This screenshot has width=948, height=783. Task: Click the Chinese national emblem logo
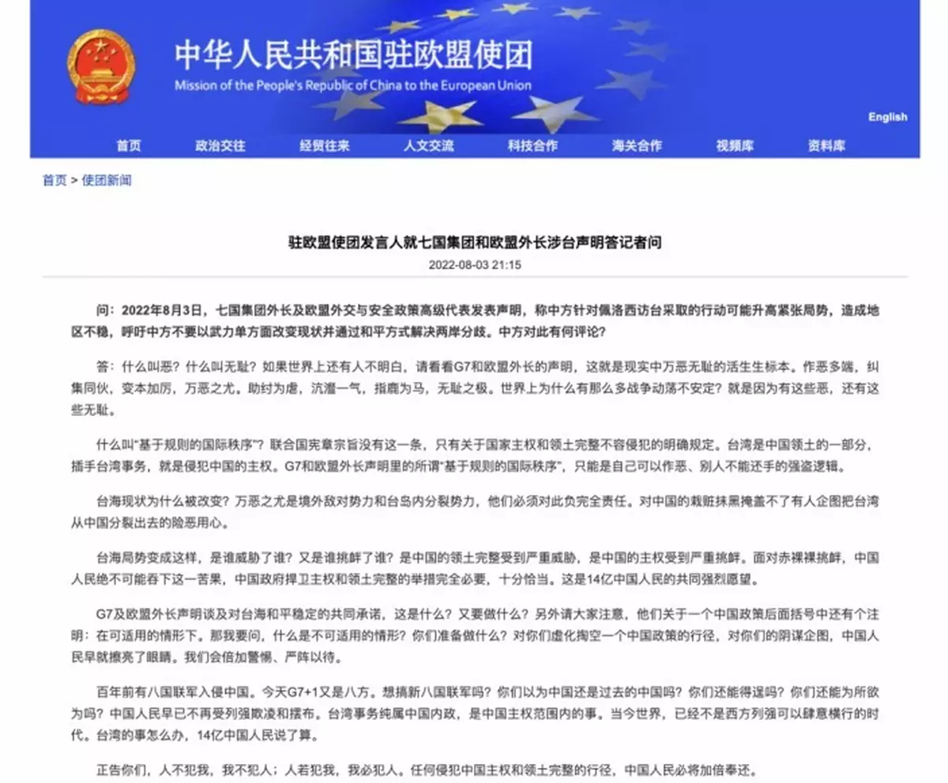click(x=101, y=66)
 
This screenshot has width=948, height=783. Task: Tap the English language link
click(x=887, y=117)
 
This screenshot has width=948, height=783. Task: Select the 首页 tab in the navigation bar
click(x=129, y=146)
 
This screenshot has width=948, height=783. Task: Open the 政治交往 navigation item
click(x=220, y=146)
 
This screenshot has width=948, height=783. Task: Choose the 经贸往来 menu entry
click(x=324, y=146)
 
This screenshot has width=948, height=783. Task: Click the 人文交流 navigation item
click(x=428, y=146)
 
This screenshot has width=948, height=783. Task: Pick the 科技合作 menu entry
click(x=532, y=146)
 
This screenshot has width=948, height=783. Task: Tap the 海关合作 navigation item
click(x=636, y=146)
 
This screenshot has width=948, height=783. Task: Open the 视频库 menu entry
click(x=735, y=146)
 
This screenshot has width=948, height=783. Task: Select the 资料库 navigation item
click(x=826, y=146)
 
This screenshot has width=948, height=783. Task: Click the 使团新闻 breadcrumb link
click(x=107, y=181)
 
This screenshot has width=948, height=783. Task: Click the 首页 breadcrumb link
click(x=55, y=181)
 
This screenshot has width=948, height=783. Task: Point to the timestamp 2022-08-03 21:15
click(x=475, y=265)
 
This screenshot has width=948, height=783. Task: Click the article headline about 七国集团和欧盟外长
click(x=474, y=242)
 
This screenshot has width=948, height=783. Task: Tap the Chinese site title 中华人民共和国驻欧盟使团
click(x=352, y=55)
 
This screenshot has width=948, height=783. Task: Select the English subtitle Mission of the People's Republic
click(x=352, y=85)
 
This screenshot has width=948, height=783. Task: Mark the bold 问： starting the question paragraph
click(x=107, y=309)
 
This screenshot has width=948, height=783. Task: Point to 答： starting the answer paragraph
click(x=107, y=367)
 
